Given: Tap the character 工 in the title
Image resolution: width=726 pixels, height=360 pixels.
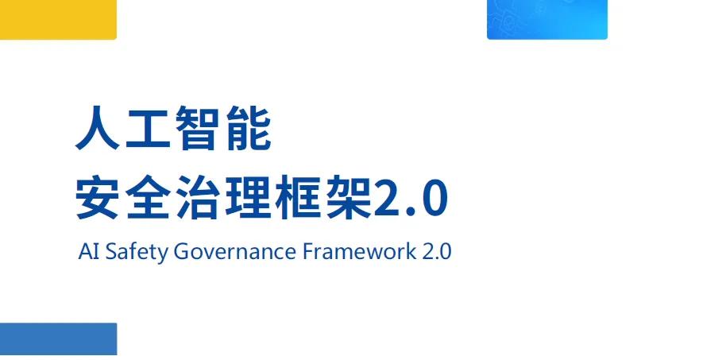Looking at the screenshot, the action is click(148, 128).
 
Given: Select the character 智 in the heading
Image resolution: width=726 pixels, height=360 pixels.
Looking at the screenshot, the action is click(198, 128).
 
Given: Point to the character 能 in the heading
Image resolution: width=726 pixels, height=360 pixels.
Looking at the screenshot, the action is click(249, 128).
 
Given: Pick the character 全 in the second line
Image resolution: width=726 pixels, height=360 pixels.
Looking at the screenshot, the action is click(148, 197).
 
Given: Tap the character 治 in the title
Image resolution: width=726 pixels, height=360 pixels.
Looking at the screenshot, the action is click(198, 197).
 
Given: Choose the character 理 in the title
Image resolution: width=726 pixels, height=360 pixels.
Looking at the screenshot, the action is click(249, 197).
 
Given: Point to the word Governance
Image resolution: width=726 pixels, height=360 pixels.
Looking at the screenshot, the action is click(235, 252).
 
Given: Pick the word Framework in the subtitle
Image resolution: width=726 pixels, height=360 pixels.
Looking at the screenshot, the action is click(359, 252).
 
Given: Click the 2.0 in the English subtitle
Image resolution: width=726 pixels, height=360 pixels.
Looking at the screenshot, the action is click(437, 252).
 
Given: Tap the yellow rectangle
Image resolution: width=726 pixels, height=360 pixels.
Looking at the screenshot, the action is click(58, 19).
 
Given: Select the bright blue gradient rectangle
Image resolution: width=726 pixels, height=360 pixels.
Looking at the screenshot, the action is click(547, 19).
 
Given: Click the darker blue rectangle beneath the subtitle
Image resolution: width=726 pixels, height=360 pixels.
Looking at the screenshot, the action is click(58, 339).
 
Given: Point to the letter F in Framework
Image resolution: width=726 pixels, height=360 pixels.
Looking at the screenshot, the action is click(307, 252).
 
